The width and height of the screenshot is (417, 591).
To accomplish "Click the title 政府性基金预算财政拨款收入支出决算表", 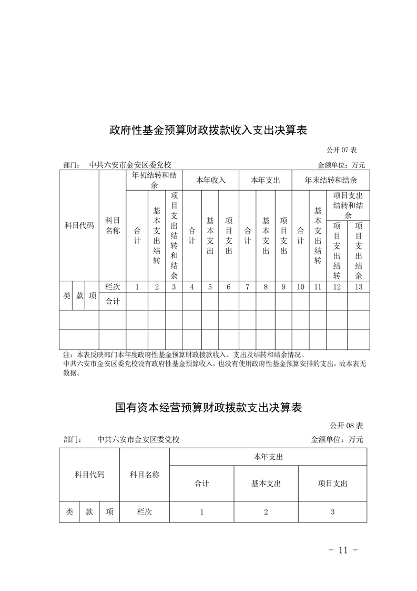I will coord(208,130).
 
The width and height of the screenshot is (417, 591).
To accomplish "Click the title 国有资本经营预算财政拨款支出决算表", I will coord(208,408).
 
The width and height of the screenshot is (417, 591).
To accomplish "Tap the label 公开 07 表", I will coord(345,150).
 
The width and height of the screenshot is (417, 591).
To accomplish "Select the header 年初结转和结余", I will coord(154,180).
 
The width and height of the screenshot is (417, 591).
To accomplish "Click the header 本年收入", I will coord(210,180).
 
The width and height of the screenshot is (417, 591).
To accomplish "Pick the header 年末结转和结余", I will coord(331,180).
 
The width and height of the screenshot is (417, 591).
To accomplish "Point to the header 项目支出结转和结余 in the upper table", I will coord(348,205).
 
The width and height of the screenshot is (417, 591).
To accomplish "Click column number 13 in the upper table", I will coord(359,287).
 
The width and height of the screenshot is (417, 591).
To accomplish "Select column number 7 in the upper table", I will coord(247,287).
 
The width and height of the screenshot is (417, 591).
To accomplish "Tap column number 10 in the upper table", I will coord(300,287).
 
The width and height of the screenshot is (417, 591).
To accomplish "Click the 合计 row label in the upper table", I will coord(113,301).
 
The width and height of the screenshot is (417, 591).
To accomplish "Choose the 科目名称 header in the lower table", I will coord(145,475).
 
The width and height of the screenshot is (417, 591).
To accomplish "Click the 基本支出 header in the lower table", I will coord(266,483).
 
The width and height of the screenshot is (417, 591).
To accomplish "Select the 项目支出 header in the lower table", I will coord(332,483).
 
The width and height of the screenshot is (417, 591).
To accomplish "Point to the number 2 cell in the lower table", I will coord(266,511).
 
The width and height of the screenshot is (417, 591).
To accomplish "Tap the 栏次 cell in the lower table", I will coord(145,511).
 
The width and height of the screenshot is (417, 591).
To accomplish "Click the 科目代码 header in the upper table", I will coord(79,225).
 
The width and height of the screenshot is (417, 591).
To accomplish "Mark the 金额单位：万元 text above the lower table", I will coord(337,439).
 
